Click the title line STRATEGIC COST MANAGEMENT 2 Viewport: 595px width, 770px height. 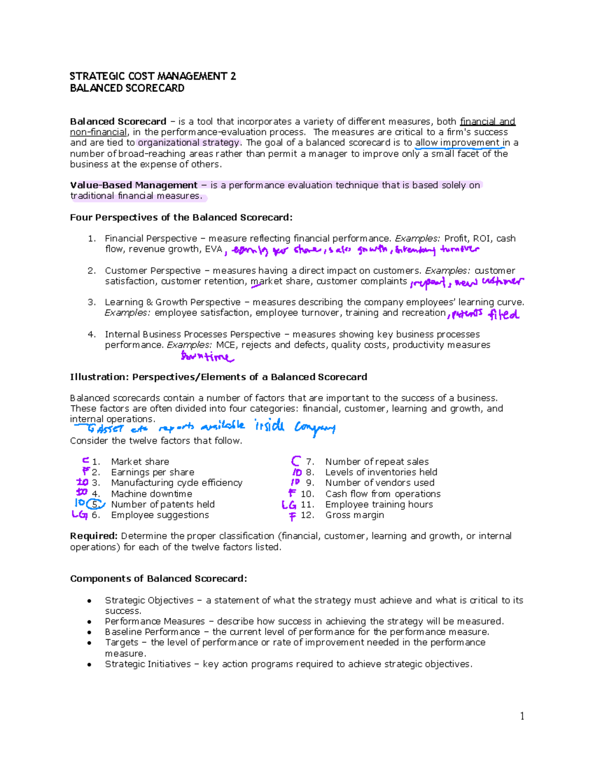153,76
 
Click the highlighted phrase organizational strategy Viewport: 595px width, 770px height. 188,143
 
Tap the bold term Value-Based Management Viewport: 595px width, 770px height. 134,185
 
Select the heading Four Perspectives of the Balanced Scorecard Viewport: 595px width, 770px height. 181,217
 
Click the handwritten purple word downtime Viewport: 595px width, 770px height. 207,356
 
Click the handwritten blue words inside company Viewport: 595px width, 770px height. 295,426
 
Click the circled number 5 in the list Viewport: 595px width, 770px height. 95,504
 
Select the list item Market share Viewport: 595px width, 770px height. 140,462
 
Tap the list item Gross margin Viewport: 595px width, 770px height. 355,515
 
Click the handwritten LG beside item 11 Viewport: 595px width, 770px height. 289,505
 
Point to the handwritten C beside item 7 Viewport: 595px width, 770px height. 296,461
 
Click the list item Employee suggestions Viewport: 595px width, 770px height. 160,515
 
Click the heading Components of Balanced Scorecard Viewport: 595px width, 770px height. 158,579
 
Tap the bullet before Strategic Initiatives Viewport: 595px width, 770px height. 89,665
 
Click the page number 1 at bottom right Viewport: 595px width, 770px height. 522,716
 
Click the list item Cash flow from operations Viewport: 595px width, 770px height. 383,494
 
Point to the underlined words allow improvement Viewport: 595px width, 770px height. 457,143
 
